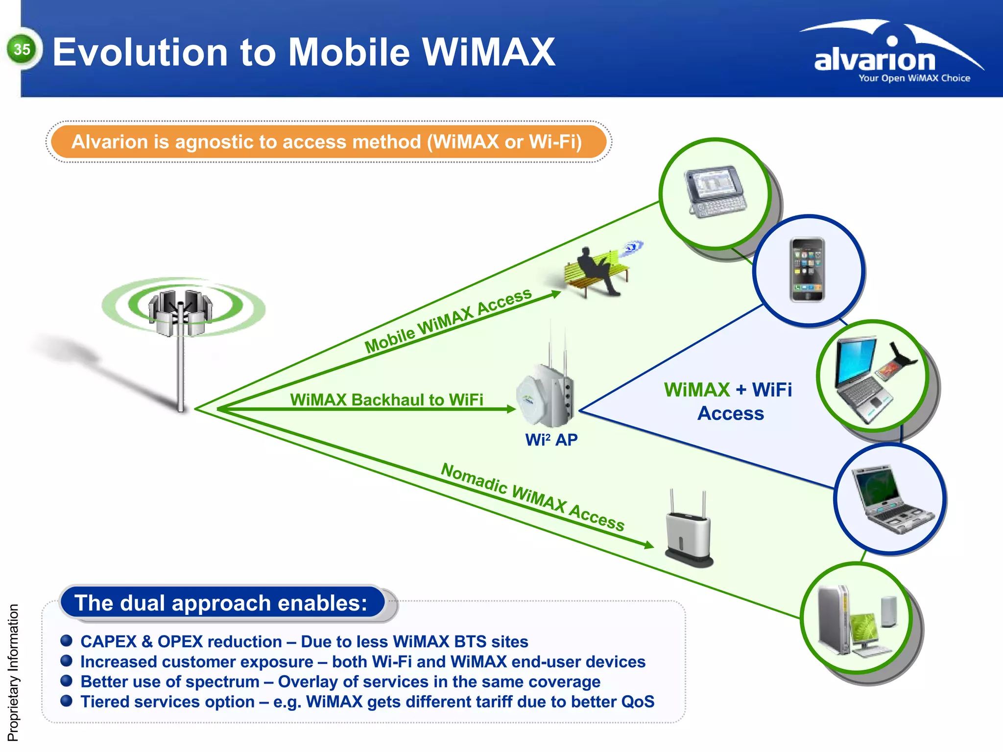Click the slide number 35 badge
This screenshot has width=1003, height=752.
[22, 49]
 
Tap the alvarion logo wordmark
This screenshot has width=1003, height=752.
[875, 60]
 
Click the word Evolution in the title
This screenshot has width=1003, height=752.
[140, 52]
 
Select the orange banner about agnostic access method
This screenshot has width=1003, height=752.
[327, 142]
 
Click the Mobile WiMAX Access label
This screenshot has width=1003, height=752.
[448, 320]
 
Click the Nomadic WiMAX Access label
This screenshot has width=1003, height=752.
[532, 497]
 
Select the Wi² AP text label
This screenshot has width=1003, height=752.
[551, 440]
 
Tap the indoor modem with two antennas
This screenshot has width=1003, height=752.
[688, 534]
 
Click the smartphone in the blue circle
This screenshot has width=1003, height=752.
[807, 270]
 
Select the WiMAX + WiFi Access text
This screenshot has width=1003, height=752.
[729, 401]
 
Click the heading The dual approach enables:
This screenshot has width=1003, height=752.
[221, 603]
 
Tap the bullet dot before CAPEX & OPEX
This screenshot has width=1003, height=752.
[67, 641]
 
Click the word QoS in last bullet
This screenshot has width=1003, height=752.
[637, 702]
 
